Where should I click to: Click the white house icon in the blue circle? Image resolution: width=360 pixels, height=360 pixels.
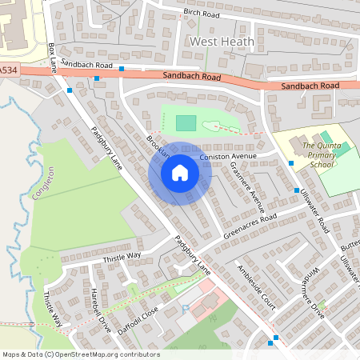click(179, 173)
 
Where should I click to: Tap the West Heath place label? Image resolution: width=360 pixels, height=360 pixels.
click(222, 41)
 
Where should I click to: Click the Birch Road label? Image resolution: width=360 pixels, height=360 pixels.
click(200, 13)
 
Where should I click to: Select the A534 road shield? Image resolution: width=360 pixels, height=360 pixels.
click(7, 71)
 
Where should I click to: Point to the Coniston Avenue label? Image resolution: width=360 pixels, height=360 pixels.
click(226, 156)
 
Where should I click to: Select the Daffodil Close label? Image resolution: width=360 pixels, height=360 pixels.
click(138, 318)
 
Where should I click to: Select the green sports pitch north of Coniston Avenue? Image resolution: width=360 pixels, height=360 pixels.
click(185, 122)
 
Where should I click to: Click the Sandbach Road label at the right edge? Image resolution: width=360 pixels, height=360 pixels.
click(309, 85)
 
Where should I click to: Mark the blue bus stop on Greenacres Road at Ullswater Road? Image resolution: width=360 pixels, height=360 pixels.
click(296, 191)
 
